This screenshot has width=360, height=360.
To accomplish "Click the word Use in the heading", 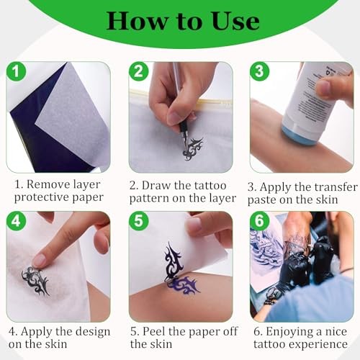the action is click(235, 22).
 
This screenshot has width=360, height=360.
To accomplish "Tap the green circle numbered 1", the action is click(16, 71).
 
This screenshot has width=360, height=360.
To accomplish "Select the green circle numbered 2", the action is click(139, 71).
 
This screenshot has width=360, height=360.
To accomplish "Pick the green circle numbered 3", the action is click(259, 71).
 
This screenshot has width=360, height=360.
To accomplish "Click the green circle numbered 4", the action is click(16, 221).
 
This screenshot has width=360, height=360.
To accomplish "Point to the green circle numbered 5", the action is click(139, 221).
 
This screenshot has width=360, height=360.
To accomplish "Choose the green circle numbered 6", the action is click(259, 221).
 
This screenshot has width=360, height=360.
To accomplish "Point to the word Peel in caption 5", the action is click(154, 332).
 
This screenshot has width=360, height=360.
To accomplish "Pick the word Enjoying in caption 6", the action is click(289, 333).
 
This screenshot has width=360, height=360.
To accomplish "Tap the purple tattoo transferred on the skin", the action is click(184, 285).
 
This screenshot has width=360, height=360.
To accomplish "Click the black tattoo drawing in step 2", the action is click(192, 149).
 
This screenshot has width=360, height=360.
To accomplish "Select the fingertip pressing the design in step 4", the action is click(39, 261).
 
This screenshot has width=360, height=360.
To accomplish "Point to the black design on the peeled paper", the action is click(174, 261).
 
